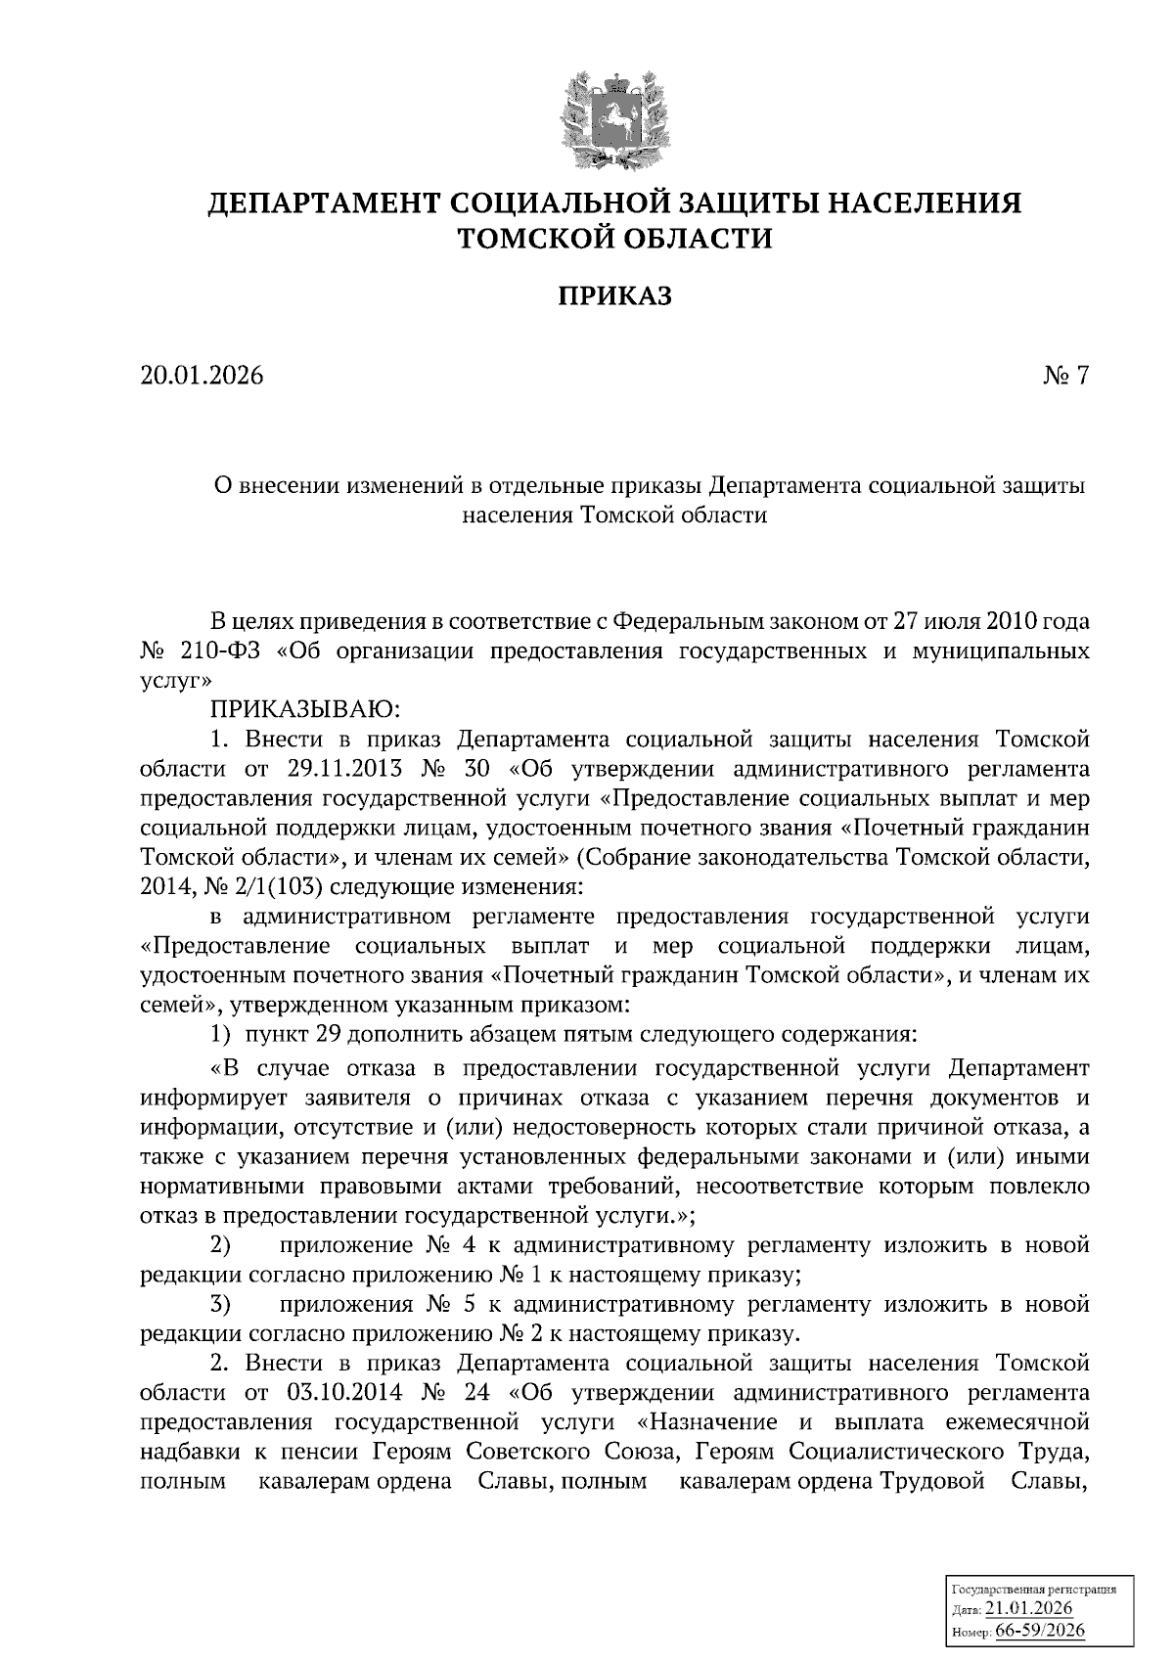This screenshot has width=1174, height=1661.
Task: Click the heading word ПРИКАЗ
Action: pyautogui.click(x=614, y=296)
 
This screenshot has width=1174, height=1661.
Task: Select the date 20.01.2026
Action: pyautogui.click(x=202, y=376)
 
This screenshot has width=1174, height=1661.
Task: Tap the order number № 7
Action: pyautogui.click(x=1065, y=376)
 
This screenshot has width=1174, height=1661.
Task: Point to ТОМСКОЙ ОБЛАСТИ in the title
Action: pyautogui.click(x=615, y=238)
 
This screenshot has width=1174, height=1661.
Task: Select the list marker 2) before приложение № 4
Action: pyautogui.click(x=220, y=1246)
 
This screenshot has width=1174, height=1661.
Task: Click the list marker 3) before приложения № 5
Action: pyautogui.click(x=220, y=1305)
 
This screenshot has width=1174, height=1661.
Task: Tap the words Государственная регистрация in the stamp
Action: pyautogui.click(x=1034, y=1590)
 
